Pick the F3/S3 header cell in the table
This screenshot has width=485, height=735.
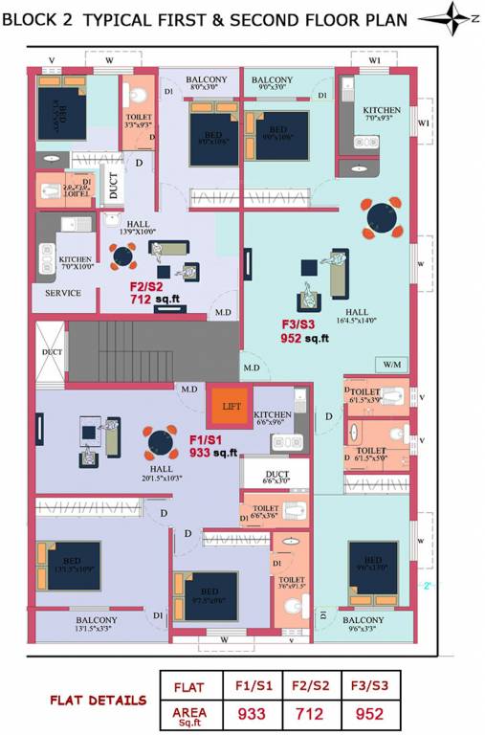[x=368, y=686]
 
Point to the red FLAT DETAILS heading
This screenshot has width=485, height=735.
[x=99, y=700]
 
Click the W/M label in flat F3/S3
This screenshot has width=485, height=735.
[x=391, y=364]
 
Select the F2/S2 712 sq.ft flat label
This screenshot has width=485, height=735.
[x=153, y=291]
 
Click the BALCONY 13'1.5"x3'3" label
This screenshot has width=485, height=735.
[x=99, y=624]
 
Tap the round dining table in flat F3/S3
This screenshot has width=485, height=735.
[x=381, y=217]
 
